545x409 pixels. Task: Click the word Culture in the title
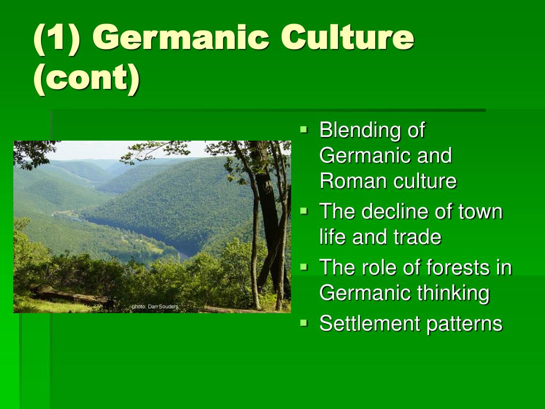point(347,37)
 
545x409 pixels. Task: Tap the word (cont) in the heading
point(87,78)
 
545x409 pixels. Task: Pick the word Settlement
point(370,323)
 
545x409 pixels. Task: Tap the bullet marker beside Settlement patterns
point(304,323)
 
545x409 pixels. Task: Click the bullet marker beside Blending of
point(304,130)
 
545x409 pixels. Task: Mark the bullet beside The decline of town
point(304,211)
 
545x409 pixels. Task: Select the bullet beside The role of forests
point(304,267)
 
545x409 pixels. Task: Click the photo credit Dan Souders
point(163,306)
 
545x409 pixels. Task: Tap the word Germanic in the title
point(180,37)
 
